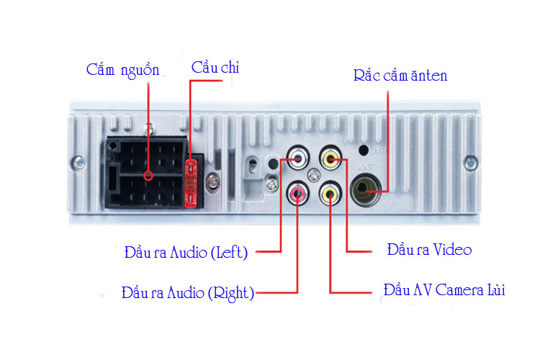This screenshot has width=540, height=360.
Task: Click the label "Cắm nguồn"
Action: tap(122, 70)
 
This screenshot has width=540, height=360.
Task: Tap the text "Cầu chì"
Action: tap(215, 68)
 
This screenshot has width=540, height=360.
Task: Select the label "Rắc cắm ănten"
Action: tap(400, 74)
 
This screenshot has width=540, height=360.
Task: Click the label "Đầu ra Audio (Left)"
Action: tap(186, 253)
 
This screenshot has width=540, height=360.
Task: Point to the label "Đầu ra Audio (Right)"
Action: tap(188, 293)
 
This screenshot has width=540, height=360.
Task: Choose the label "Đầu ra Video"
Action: tap(429, 250)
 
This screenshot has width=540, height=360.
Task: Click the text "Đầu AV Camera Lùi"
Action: tap(444, 291)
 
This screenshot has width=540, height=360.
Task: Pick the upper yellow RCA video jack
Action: tap(330, 158)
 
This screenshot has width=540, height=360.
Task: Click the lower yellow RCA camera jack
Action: tap(330, 192)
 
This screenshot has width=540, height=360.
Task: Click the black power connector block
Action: tap(148, 174)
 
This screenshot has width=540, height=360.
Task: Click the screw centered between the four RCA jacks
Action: tap(314, 175)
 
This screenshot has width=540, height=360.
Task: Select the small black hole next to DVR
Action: tap(364, 150)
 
